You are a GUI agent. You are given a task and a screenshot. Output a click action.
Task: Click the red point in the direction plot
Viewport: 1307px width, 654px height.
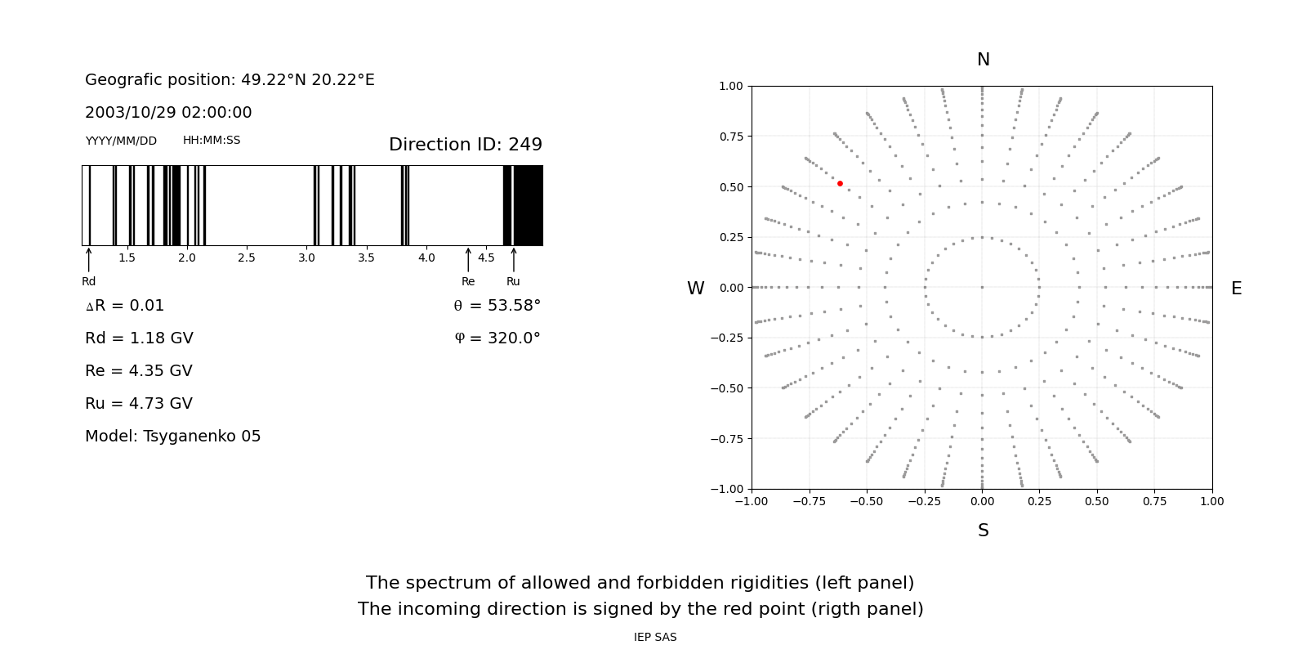(x=840, y=184)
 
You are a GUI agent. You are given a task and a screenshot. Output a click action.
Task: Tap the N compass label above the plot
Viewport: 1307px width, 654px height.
(x=983, y=60)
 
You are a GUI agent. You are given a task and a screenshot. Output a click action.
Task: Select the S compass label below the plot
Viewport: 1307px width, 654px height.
(x=983, y=531)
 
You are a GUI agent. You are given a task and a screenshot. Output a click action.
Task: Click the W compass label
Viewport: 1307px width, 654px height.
(x=695, y=289)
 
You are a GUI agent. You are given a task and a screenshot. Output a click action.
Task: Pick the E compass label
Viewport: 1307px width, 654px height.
(x=1236, y=289)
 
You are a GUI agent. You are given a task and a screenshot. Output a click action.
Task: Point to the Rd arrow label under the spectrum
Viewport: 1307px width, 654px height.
(x=88, y=281)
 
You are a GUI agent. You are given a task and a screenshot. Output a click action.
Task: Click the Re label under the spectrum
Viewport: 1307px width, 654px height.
(x=468, y=281)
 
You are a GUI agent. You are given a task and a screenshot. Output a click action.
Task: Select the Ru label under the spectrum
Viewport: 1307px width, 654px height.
(x=513, y=281)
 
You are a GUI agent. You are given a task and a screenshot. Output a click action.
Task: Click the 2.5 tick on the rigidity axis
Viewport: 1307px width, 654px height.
(x=247, y=258)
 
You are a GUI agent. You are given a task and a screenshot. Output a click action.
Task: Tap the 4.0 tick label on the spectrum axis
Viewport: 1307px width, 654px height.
(x=426, y=258)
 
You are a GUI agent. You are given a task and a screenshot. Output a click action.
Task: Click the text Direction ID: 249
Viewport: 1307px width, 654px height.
(x=465, y=145)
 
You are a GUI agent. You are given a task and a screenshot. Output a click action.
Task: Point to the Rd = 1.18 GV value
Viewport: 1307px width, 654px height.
(x=139, y=338)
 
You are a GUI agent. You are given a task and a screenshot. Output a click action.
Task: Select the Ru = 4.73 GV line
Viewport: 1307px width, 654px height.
(x=139, y=404)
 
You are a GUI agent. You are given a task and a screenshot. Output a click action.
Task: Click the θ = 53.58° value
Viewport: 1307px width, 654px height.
(x=497, y=306)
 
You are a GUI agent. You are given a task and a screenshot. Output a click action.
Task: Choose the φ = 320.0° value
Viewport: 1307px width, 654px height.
(x=497, y=338)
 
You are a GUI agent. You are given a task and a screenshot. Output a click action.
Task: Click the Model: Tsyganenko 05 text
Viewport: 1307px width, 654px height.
(x=172, y=437)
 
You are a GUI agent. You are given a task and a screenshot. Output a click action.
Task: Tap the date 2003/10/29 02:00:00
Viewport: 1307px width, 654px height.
(x=168, y=113)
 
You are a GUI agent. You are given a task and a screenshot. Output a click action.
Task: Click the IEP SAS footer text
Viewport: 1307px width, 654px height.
(x=655, y=638)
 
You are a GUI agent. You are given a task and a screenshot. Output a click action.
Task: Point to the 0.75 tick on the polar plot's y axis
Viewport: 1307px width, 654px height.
(x=730, y=137)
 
